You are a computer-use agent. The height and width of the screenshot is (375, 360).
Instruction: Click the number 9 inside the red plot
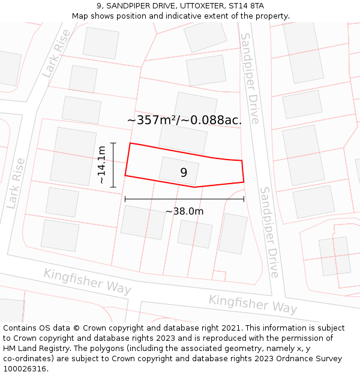click(184, 173)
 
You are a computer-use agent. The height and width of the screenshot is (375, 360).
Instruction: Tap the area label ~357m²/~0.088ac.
click(184, 120)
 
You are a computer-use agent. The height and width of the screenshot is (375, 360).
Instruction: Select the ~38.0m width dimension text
click(184, 211)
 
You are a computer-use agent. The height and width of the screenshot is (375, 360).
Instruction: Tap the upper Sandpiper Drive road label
click(250, 78)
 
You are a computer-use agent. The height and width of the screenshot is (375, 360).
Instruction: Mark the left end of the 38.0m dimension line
click(125, 199)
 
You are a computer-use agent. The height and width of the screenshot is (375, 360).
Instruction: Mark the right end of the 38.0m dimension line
click(244, 199)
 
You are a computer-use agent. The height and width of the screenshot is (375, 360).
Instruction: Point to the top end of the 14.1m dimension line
click(113, 143)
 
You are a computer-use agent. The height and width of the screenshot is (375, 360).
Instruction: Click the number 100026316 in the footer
click(26, 368)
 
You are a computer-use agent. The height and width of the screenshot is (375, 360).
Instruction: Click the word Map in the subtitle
click(80, 16)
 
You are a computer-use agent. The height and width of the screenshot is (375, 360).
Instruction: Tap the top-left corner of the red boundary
click(130, 143)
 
